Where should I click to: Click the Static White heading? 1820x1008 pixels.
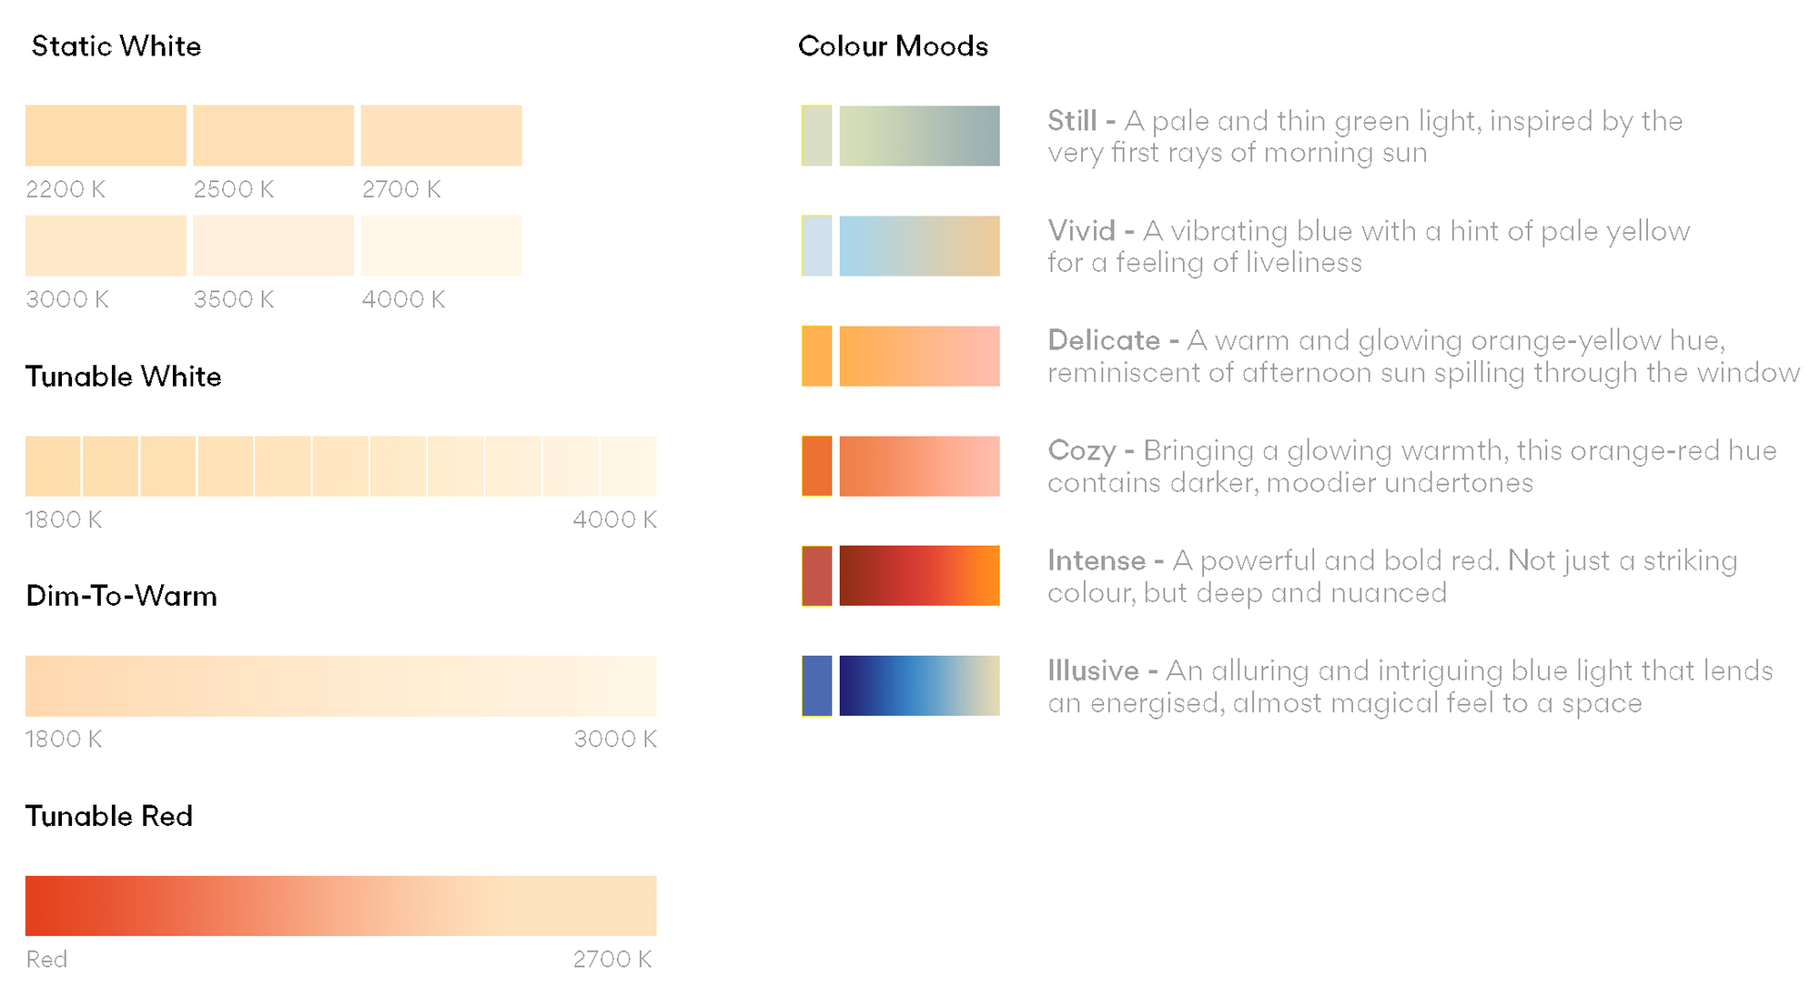click(x=116, y=46)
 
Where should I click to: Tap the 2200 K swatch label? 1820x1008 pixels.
click(x=66, y=189)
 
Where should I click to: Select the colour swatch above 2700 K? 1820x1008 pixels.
click(x=441, y=136)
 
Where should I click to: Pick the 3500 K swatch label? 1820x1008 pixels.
click(x=234, y=299)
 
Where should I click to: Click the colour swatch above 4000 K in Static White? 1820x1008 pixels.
click(x=441, y=246)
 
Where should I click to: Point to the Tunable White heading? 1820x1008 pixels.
click(x=124, y=377)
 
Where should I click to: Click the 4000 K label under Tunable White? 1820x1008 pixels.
click(x=614, y=519)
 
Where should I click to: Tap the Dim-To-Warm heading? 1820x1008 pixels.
click(x=122, y=596)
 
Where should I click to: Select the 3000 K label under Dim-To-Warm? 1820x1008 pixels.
click(x=615, y=739)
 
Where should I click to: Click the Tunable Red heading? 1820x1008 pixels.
click(x=109, y=816)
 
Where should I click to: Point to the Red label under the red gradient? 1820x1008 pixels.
click(x=46, y=959)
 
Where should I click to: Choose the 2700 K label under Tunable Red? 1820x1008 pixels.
click(x=612, y=959)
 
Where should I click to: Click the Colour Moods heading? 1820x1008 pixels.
click(x=893, y=46)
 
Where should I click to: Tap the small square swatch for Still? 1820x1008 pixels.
click(x=816, y=136)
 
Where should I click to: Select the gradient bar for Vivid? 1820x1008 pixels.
click(x=919, y=246)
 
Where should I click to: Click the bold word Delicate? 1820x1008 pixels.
click(x=1104, y=340)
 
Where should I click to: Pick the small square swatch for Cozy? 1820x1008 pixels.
click(x=816, y=466)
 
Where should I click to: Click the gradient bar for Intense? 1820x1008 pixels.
click(x=919, y=576)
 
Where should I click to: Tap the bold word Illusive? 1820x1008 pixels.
click(x=1093, y=670)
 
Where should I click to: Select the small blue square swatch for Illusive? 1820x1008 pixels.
click(x=816, y=686)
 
